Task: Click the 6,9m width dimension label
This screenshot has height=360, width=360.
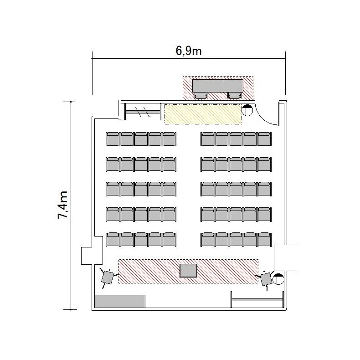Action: (x=189, y=51)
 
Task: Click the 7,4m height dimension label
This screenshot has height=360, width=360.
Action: (x=62, y=205)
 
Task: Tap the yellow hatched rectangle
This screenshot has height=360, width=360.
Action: (x=203, y=114)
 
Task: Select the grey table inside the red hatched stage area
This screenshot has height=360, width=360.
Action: (x=189, y=271)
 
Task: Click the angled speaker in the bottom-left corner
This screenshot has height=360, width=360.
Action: (x=108, y=277)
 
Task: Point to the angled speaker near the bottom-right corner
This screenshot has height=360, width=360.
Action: (x=266, y=279)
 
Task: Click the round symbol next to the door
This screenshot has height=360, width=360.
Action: (x=247, y=110)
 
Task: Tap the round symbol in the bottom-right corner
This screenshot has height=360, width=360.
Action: (x=278, y=279)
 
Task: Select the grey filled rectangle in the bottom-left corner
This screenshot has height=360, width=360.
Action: (x=120, y=301)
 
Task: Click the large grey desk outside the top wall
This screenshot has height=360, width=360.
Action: (x=218, y=86)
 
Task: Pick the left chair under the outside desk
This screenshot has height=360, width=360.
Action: (x=201, y=96)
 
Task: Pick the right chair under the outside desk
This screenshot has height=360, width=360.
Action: (x=235, y=96)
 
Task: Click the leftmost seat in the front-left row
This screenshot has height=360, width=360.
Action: (x=113, y=239)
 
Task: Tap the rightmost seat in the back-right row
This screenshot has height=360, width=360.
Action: (x=264, y=139)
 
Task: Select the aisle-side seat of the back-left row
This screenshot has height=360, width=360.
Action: (x=170, y=139)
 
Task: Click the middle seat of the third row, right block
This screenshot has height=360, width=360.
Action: (x=236, y=189)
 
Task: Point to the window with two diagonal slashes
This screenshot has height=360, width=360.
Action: (x=143, y=112)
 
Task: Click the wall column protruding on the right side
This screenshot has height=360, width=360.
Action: (x=285, y=257)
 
